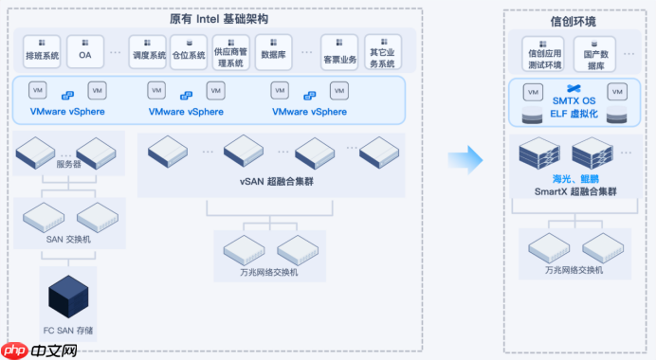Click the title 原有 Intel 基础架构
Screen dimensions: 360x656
pyautogui.click(x=218, y=19)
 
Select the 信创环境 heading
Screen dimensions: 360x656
pyautogui.click(x=573, y=21)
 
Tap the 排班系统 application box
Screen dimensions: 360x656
pyautogui.click(x=42, y=51)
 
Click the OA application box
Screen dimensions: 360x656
pyautogui.click(x=85, y=51)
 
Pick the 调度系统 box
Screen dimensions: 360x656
pyautogui.click(x=149, y=51)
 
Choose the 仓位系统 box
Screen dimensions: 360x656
pyautogui.click(x=189, y=51)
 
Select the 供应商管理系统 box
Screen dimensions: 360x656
pyautogui.click(x=231, y=52)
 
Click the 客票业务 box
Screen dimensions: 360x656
pyautogui.click(x=338, y=52)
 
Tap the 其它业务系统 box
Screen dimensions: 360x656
pyautogui.click(x=381, y=52)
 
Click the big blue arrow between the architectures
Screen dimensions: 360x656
pyautogui.click(x=466, y=158)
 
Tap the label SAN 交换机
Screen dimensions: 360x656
pyautogui.click(x=68, y=239)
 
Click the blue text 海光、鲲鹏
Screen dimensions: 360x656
pyautogui.click(x=574, y=178)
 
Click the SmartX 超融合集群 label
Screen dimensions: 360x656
pyautogui.click(x=574, y=191)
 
